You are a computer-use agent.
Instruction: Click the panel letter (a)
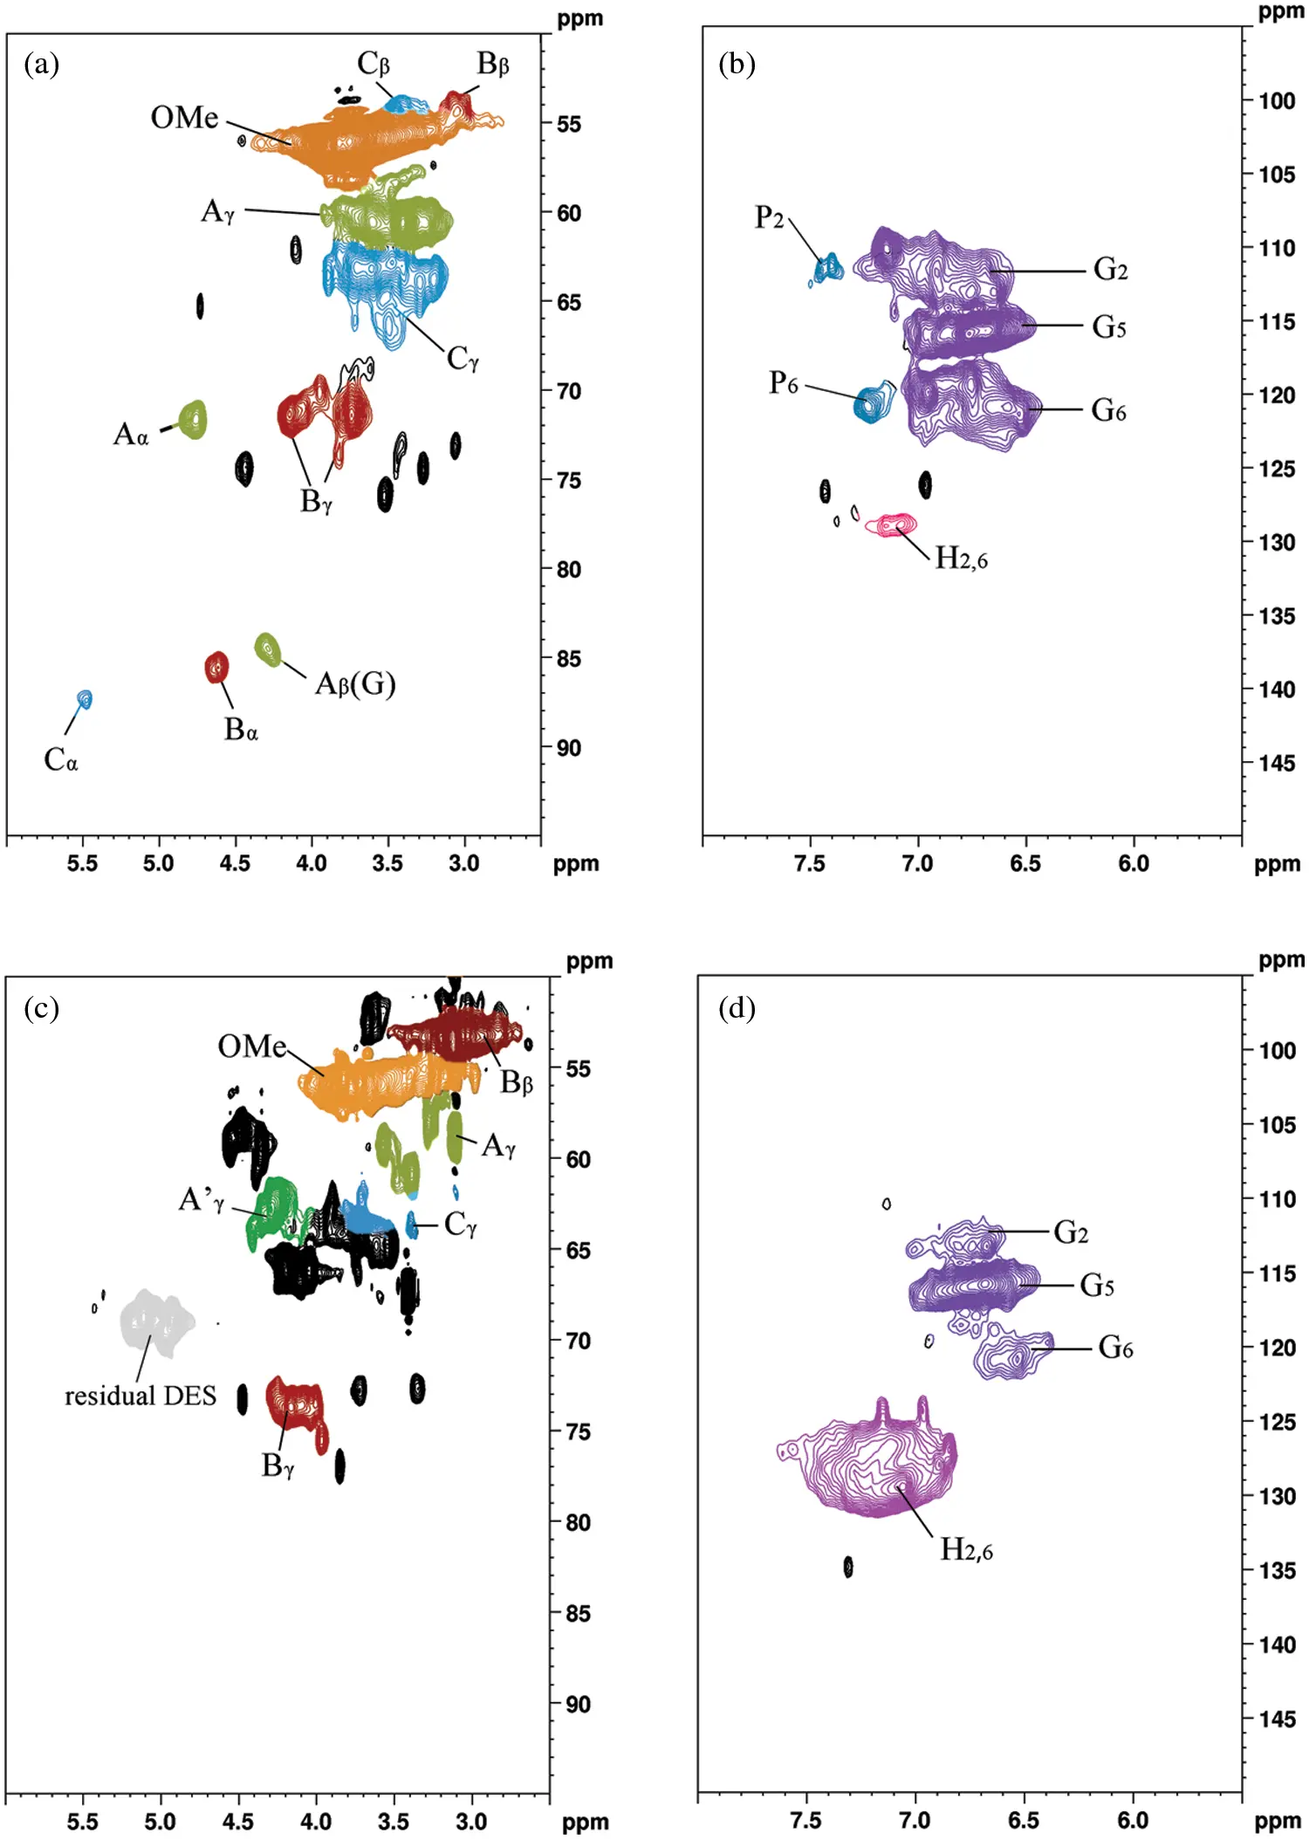point(42,64)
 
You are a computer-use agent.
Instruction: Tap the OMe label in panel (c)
point(251,1046)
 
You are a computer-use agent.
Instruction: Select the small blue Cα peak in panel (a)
point(85,699)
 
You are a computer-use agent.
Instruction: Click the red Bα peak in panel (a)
point(216,668)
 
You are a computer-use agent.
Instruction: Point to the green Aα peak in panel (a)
point(194,420)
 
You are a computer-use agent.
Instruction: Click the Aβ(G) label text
point(355,683)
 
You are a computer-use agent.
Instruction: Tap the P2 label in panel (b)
point(769,217)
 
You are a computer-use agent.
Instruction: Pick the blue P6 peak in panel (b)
point(871,403)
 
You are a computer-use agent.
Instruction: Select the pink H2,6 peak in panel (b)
point(892,525)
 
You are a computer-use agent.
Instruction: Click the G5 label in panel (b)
point(1109,327)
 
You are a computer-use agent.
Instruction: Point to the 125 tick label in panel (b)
point(1276,470)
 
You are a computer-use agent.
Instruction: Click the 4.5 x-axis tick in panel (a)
point(235,864)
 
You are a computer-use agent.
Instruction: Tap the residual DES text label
point(140,1396)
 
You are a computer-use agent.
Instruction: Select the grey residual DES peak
point(156,1321)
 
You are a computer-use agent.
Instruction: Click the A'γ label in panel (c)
point(202,1200)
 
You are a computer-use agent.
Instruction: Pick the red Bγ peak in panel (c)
point(296,1404)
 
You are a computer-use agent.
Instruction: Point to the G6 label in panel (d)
point(1115,1348)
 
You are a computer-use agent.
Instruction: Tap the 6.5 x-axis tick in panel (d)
point(1024,1821)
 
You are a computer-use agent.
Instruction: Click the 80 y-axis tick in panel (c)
point(578,1523)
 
